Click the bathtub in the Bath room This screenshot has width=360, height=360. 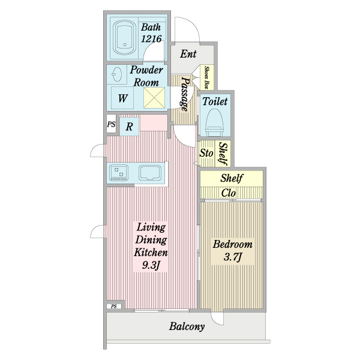(x=124, y=37)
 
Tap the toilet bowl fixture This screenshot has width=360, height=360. (x=214, y=122)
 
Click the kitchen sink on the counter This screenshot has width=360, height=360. (x=149, y=173)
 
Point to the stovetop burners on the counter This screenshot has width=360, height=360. (x=119, y=172)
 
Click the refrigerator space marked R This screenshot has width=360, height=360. (x=130, y=127)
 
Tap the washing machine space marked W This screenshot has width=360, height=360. (x=122, y=98)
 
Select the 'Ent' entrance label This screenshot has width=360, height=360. (x=188, y=54)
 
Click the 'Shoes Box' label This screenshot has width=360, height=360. (x=207, y=77)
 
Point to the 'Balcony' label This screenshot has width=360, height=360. (x=187, y=326)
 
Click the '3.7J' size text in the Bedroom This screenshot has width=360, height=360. (x=233, y=257)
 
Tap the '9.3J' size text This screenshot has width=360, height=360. (x=151, y=265)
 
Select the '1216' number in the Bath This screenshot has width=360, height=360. (x=151, y=38)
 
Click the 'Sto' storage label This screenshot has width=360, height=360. (x=206, y=153)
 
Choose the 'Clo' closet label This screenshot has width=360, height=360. (x=229, y=193)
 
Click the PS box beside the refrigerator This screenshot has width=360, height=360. (x=112, y=124)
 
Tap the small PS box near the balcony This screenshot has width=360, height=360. (x=114, y=306)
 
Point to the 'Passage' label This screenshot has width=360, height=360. (x=185, y=94)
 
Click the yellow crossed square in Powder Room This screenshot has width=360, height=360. (x=154, y=98)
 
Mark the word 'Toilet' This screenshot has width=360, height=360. (x=215, y=101)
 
